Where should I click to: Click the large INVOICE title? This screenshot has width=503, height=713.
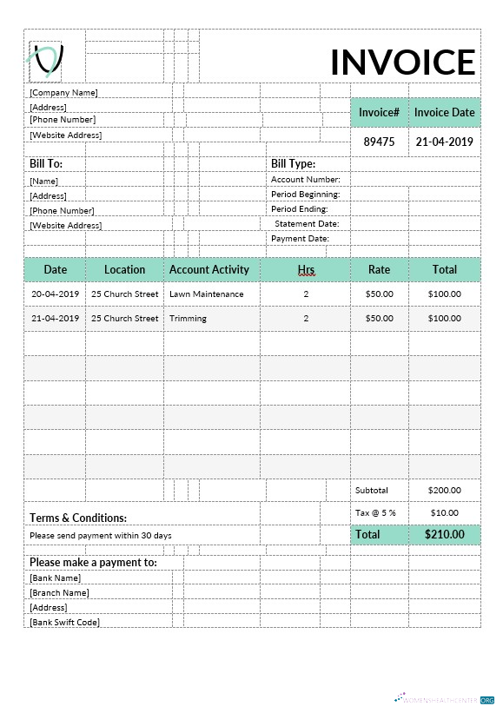click(x=402, y=63)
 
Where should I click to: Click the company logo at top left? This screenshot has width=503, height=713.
click(x=47, y=59)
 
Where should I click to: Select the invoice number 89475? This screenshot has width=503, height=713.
click(x=379, y=142)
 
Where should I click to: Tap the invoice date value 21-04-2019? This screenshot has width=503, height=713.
click(x=444, y=142)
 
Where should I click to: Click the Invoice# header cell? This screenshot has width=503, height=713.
click(x=379, y=112)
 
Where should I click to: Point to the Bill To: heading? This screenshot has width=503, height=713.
click(x=46, y=163)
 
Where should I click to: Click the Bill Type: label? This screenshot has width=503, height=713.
click(x=293, y=163)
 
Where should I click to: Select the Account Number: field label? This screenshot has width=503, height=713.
click(x=305, y=180)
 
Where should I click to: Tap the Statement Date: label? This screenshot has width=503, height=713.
click(x=307, y=223)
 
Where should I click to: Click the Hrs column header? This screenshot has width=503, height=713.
click(x=306, y=270)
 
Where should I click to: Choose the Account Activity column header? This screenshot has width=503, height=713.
click(x=209, y=269)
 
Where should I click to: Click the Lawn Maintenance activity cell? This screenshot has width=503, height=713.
click(x=207, y=294)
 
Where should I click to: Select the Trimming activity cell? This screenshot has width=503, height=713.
click(x=189, y=318)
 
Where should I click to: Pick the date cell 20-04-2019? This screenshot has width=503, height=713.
click(x=55, y=294)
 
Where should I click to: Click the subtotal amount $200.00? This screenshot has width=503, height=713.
click(x=444, y=490)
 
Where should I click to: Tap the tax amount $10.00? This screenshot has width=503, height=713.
click(x=444, y=512)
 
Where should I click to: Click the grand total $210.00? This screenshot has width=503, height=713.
click(x=444, y=534)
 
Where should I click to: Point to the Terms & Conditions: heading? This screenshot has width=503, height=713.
click(x=78, y=518)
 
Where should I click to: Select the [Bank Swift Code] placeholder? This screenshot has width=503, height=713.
click(x=64, y=622)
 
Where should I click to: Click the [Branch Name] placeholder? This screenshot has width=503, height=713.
click(x=59, y=592)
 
